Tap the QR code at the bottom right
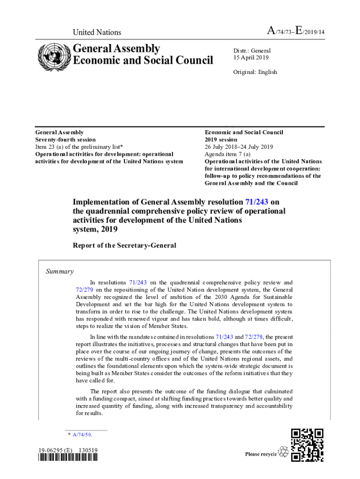click(x=307, y=445)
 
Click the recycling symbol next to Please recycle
click(x=283, y=452)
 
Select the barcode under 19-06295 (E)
click(x=68, y=458)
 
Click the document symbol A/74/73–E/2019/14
click(x=295, y=31)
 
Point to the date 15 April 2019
click(x=252, y=58)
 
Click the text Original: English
click(x=255, y=72)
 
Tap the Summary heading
click(x=59, y=271)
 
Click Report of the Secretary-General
click(x=124, y=245)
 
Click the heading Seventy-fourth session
click(x=65, y=139)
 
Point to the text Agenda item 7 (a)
click(x=227, y=154)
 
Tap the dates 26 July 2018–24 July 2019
click(x=238, y=147)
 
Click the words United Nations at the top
click(x=97, y=32)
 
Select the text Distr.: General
click(x=252, y=51)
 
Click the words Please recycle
click(x=260, y=454)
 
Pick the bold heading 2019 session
click(x=221, y=139)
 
